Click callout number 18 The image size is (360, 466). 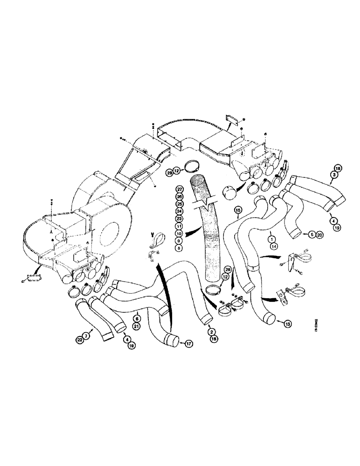(338, 168)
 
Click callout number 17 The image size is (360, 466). (189, 344)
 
